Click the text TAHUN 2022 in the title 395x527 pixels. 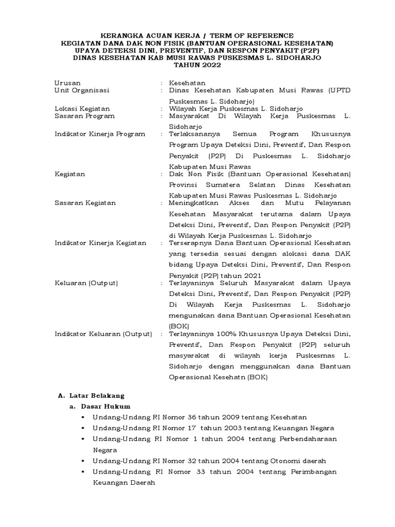[x=197, y=65]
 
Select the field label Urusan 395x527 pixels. [x=68, y=83]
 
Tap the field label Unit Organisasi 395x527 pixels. [x=82, y=90]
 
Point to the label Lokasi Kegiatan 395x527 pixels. [x=82, y=109]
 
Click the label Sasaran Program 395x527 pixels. [x=85, y=116]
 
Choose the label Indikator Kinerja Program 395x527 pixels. [x=100, y=134]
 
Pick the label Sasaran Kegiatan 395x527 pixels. [x=85, y=203]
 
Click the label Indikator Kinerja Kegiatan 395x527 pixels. [x=100, y=243]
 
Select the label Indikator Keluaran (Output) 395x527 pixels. [x=103, y=334]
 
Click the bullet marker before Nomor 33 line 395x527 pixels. [x=82, y=472]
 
